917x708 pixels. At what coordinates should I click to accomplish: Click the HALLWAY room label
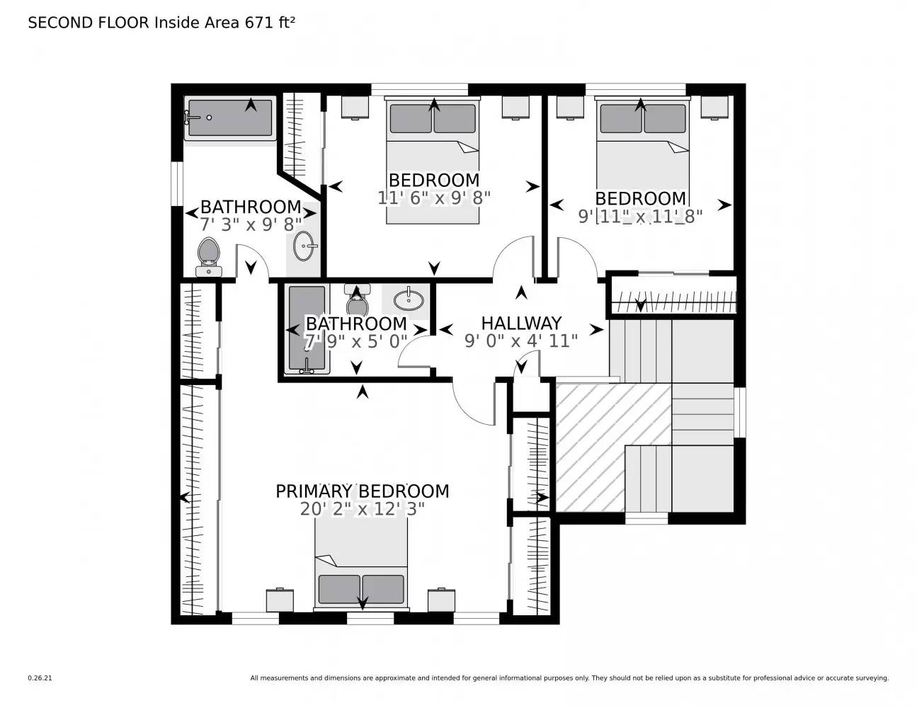521,324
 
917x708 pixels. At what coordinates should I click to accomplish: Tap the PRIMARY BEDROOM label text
362,491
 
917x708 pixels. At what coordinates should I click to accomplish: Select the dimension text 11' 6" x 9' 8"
433,198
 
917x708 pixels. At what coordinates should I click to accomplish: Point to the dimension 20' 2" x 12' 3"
362,509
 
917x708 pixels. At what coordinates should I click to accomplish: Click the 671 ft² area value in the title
269,23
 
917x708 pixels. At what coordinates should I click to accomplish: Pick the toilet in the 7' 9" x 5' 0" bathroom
357,300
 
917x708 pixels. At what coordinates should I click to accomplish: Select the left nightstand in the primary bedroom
280,600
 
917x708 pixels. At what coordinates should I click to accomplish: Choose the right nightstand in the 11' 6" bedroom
516,106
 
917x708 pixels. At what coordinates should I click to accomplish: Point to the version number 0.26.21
40,678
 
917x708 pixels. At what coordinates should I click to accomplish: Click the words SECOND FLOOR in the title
89,23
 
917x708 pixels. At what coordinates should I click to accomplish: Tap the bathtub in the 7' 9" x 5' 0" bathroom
307,329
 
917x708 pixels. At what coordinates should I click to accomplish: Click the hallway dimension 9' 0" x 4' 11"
521,341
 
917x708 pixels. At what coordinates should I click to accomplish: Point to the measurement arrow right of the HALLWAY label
597,330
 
